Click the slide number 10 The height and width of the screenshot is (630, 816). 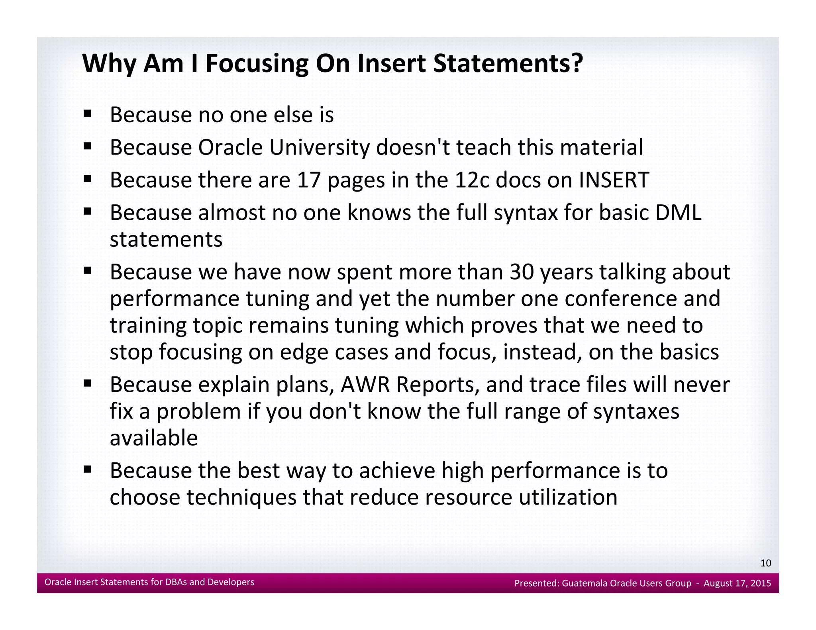click(765, 563)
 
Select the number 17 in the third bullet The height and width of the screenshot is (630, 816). click(309, 180)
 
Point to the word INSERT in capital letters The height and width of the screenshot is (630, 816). click(614, 180)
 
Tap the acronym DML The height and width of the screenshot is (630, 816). click(678, 213)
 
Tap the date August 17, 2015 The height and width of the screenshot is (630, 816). click(737, 583)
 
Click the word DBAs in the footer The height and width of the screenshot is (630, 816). click(176, 582)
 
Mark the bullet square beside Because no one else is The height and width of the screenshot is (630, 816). click(88, 114)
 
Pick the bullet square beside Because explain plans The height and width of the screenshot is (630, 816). click(88, 384)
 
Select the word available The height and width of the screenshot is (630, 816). click(154, 438)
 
